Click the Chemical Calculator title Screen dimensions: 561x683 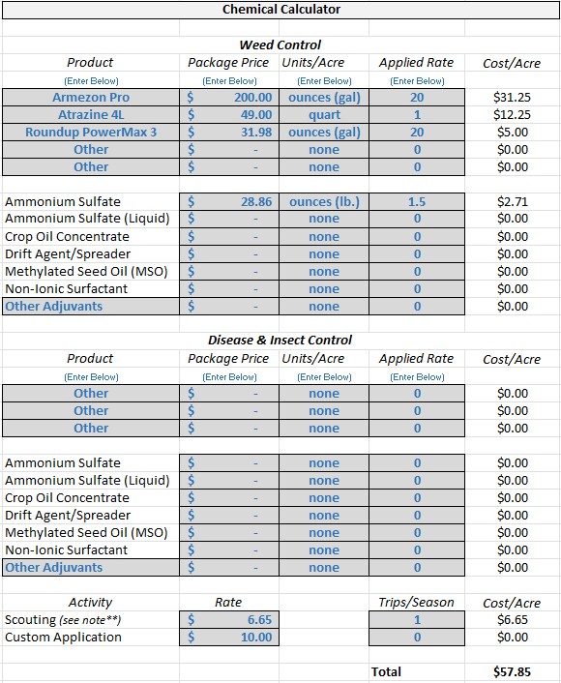[x=280, y=10]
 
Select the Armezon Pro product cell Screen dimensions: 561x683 [x=91, y=98]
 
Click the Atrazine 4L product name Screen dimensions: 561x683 [x=91, y=115]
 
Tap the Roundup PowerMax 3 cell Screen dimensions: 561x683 [x=91, y=133]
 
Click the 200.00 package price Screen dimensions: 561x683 [x=252, y=98]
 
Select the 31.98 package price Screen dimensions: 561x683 [x=256, y=133]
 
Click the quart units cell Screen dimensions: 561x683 [x=324, y=115]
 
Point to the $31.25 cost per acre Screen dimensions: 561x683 [x=513, y=98]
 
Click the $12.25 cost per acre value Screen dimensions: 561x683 [x=513, y=115]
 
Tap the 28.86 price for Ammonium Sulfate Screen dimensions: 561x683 [x=256, y=202]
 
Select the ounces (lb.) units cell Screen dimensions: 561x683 [x=324, y=202]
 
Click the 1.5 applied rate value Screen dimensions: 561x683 [x=417, y=202]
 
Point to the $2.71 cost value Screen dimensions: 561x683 [x=513, y=202]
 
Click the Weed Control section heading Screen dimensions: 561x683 [x=280, y=45]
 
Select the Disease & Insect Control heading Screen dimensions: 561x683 [x=280, y=341]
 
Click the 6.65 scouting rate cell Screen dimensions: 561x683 [x=258, y=620]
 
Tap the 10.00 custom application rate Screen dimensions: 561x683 [x=256, y=638]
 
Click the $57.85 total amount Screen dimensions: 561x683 [x=513, y=671]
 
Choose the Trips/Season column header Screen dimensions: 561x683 [x=417, y=603]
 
